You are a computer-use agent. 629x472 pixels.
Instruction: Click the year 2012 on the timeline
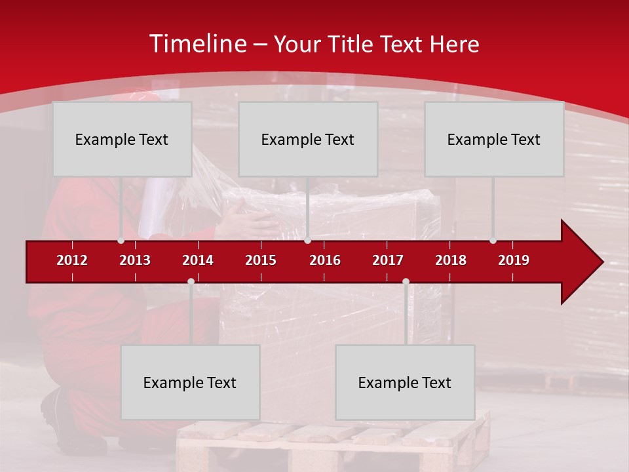pyautogui.click(x=72, y=260)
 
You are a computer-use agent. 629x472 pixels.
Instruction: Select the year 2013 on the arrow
pyautogui.click(x=135, y=260)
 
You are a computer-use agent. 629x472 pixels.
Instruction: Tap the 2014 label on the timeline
pyautogui.click(x=198, y=260)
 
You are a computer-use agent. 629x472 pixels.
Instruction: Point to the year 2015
pyautogui.click(x=261, y=260)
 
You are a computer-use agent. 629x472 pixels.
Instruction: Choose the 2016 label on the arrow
pyautogui.click(x=325, y=260)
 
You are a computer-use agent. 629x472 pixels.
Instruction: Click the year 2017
pyautogui.click(x=388, y=260)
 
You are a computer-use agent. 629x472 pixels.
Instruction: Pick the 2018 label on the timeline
pyautogui.click(x=451, y=260)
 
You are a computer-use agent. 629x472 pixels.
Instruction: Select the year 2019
pyautogui.click(x=514, y=260)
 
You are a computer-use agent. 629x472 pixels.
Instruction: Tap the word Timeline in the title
pyautogui.click(x=197, y=44)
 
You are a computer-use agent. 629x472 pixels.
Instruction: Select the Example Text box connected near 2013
pyautogui.click(x=122, y=139)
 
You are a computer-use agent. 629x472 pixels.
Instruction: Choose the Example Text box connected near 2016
pyautogui.click(x=308, y=139)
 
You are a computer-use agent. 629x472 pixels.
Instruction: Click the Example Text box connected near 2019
pyautogui.click(x=494, y=139)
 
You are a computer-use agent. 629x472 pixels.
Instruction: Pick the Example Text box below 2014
pyautogui.click(x=190, y=382)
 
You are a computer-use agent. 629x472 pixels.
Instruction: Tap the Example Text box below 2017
pyautogui.click(x=405, y=382)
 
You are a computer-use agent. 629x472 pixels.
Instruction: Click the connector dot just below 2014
pyautogui.click(x=191, y=282)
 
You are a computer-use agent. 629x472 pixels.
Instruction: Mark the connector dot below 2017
pyautogui.click(x=406, y=282)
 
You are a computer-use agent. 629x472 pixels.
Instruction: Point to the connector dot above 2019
pyautogui.click(x=493, y=241)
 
